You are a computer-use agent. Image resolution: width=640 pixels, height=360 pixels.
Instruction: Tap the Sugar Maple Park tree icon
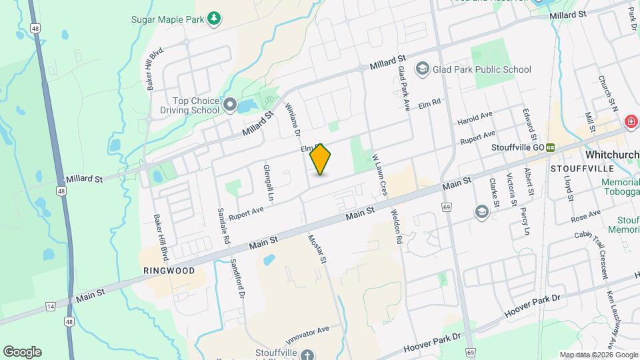point(213,18)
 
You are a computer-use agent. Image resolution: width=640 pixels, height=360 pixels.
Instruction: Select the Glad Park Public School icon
point(422,69)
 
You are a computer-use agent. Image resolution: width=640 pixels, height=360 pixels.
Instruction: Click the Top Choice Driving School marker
point(230,105)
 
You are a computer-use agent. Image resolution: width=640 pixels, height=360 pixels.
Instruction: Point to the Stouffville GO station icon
point(551,147)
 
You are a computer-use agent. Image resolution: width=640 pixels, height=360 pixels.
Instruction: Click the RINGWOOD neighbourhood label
point(169,271)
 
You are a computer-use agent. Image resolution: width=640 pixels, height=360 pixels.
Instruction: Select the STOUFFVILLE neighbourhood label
point(578,169)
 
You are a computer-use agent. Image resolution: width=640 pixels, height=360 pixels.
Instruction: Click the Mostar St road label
point(315,249)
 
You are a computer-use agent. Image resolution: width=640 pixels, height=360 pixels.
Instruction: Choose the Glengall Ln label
point(269,182)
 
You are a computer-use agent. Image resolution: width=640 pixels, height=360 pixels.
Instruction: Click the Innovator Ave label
point(305,331)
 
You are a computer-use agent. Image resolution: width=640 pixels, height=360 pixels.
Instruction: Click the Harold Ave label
point(475,119)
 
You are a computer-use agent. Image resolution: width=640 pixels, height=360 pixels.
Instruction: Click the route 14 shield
point(50,306)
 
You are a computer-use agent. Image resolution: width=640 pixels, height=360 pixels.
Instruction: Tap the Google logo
point(22,351)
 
